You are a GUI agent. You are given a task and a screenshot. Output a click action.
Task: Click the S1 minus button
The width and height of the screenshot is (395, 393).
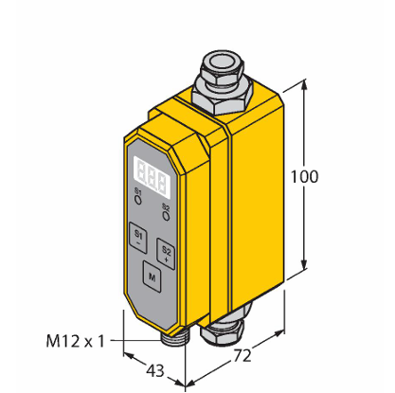click(138, 238)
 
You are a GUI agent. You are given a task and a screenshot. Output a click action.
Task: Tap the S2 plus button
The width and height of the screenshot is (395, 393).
click(166, 254)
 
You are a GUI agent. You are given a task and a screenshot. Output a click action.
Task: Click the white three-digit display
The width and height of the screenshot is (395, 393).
click(152, 177)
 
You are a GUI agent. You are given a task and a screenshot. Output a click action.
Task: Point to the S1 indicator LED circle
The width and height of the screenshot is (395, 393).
click(138, 200)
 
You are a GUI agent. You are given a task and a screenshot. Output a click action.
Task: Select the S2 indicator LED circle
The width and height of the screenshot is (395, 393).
click(166, 216)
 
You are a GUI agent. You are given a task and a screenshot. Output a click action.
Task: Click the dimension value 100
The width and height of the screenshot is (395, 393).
click(304, 177)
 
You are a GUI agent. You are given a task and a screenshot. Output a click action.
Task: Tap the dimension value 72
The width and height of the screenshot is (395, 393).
click(242, 355)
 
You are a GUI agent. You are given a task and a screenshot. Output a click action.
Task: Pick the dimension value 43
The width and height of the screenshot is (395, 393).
click(155, 370)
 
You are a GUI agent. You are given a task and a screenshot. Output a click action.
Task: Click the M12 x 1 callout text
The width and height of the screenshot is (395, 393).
click(75, 341)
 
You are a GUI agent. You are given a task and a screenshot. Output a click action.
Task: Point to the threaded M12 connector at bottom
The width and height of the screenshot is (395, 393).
click(172, 338)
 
